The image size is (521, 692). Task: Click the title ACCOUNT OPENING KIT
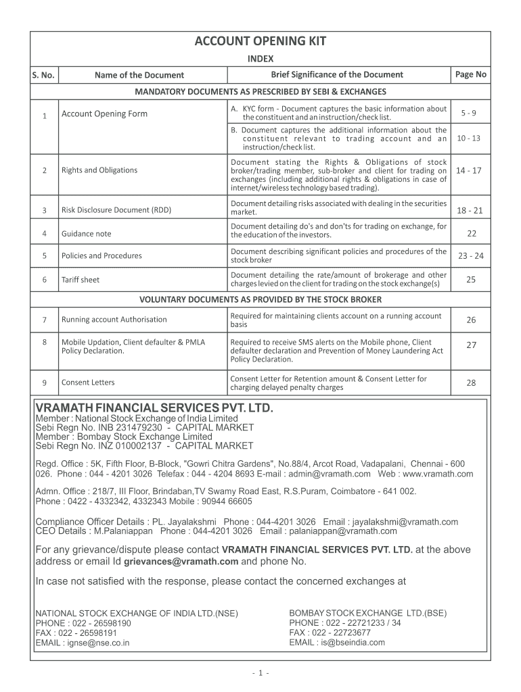tap(260, 42)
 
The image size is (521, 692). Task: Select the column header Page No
tap(471, 74)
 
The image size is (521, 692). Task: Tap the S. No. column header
tap(43, 75)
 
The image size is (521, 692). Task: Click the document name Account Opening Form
tap(104, 114)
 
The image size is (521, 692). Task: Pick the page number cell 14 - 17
tap(469, 170)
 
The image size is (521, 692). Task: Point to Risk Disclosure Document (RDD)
tap(116, 210)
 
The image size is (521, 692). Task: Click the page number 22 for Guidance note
tap(472, 234)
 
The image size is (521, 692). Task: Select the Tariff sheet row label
tap(81, 279)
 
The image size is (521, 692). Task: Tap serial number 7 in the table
tap(44, 319)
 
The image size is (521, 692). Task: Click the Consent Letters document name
tap(88, 382)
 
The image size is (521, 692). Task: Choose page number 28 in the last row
tap(471, 383)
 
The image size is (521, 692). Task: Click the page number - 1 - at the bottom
tap(260, 673)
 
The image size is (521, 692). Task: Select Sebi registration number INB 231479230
tap(122, 428)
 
